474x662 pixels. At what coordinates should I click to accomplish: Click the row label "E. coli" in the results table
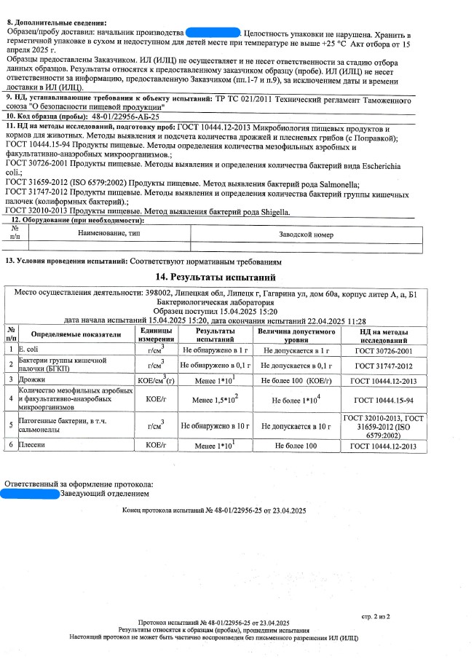pos(31,350)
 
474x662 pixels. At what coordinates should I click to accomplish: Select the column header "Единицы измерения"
pos(154,334)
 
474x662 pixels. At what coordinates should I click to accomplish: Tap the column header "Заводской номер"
pos(306,235)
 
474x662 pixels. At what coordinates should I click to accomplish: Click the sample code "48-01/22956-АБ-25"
pos(125,116)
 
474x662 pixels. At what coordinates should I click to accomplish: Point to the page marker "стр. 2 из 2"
pos(376,616)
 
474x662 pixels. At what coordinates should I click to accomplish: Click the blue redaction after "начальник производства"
pos(213,34)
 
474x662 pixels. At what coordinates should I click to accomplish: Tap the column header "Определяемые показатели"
pos(71,334)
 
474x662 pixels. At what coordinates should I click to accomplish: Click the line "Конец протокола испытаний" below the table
pos(215,511)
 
